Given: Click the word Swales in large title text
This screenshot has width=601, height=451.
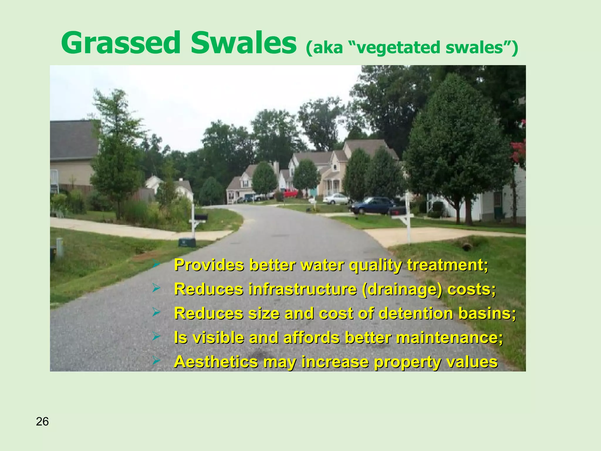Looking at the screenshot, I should (243, 43).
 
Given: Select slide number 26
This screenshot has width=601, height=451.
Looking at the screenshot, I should (42, 422).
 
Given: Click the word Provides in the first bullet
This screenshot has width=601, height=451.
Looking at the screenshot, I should (209, 265).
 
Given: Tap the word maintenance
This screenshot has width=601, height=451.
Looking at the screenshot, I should (449, 338).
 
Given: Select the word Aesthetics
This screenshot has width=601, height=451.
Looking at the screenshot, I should (216, 362).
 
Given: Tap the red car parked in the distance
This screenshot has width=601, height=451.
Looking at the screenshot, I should (291, 193).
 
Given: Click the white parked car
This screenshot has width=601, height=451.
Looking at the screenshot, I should (336, 199).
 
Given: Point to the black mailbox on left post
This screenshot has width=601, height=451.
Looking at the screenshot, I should (201, 217).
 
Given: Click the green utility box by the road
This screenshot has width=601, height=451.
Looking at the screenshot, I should (187, 243).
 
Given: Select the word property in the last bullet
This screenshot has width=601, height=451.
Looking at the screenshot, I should (405, 362).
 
